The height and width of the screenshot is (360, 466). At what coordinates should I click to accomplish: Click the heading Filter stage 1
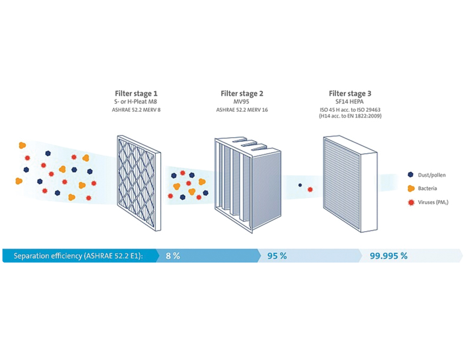[x=136, y=93]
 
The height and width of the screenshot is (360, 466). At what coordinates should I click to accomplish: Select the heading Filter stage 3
[x=349, y=93]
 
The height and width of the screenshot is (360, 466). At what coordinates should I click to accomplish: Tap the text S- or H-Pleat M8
[x=136, y=101]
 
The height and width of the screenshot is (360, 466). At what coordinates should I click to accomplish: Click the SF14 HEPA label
[x=349, y=101]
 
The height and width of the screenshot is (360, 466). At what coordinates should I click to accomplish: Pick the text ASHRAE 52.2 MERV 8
[x=136, y=109]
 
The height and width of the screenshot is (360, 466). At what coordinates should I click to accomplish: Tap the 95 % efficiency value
[x=277, y=256]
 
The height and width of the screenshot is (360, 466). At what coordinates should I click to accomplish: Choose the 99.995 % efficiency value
[x=388, y=256]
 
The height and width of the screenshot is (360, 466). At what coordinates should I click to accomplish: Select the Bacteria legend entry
[x=430, y=188]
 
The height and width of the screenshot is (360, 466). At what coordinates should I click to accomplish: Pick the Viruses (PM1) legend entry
[x=436, y=202]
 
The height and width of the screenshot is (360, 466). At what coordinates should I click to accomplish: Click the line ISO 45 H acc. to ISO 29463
[x=349, y=109]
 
